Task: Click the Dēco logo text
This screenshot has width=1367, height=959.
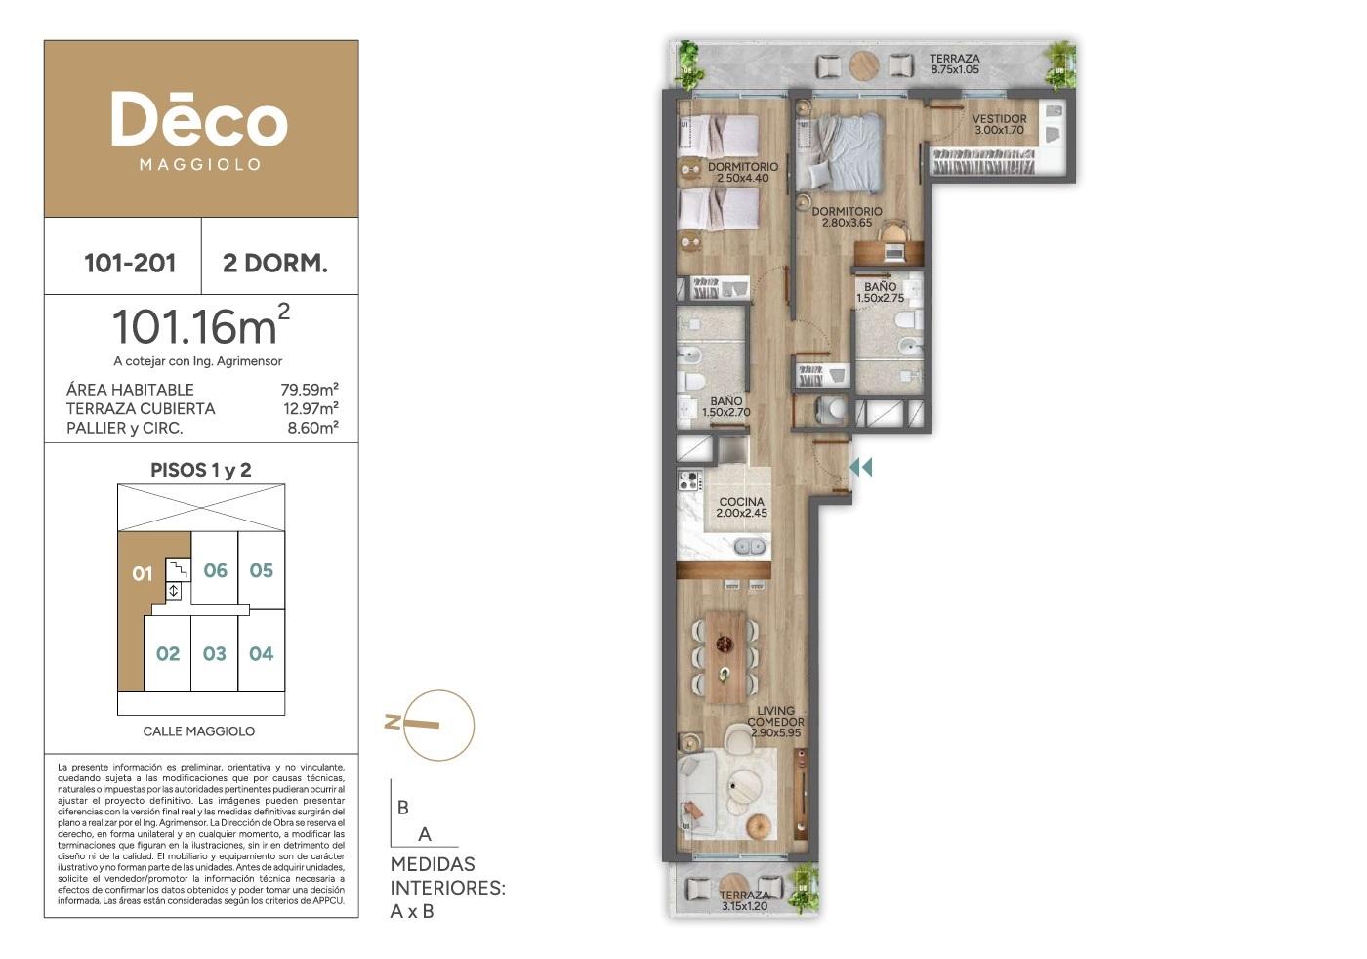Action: pyautogui.click(x=199, y=119)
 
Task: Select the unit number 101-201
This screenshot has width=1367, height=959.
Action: pyautogui.click(x=130, y=263)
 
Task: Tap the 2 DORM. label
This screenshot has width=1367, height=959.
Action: pyautogui.click(x=275, y=263)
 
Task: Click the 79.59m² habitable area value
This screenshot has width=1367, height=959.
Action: pyautogui.click(x=310, y=389)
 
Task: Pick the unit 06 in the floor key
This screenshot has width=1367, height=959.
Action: pyautogui.click(x=216, y=570)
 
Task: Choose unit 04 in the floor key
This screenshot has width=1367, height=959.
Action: pyautogui.click(x=262, y=653)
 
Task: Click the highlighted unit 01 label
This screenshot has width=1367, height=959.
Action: pyautogui.click(x=143, y=574)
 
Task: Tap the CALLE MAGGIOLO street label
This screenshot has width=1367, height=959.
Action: pyautogui.click(x=199, y=731)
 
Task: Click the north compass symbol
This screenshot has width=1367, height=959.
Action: pyautogui.click(x=430, y=726)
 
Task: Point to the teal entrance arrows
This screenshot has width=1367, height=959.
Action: pyautogui.click(x=861, y=468)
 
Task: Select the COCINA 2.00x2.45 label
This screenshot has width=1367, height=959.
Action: pyautogui.click(x=741, y=507)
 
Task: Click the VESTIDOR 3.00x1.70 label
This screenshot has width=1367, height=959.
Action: pyautogui.click(x=999, y=124)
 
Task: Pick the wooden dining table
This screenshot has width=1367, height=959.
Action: pyautogui.click(x=725, y=658)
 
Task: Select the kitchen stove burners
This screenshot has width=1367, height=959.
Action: pyautogui.click(x=690, y=480)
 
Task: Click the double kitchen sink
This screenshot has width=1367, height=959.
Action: pyautogui.click(x=750, y=546)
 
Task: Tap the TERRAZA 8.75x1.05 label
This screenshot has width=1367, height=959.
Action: pyautogui.click(x=955, y=63)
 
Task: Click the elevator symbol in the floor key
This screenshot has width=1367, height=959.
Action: pyautogui.click(x=174, y=591)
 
